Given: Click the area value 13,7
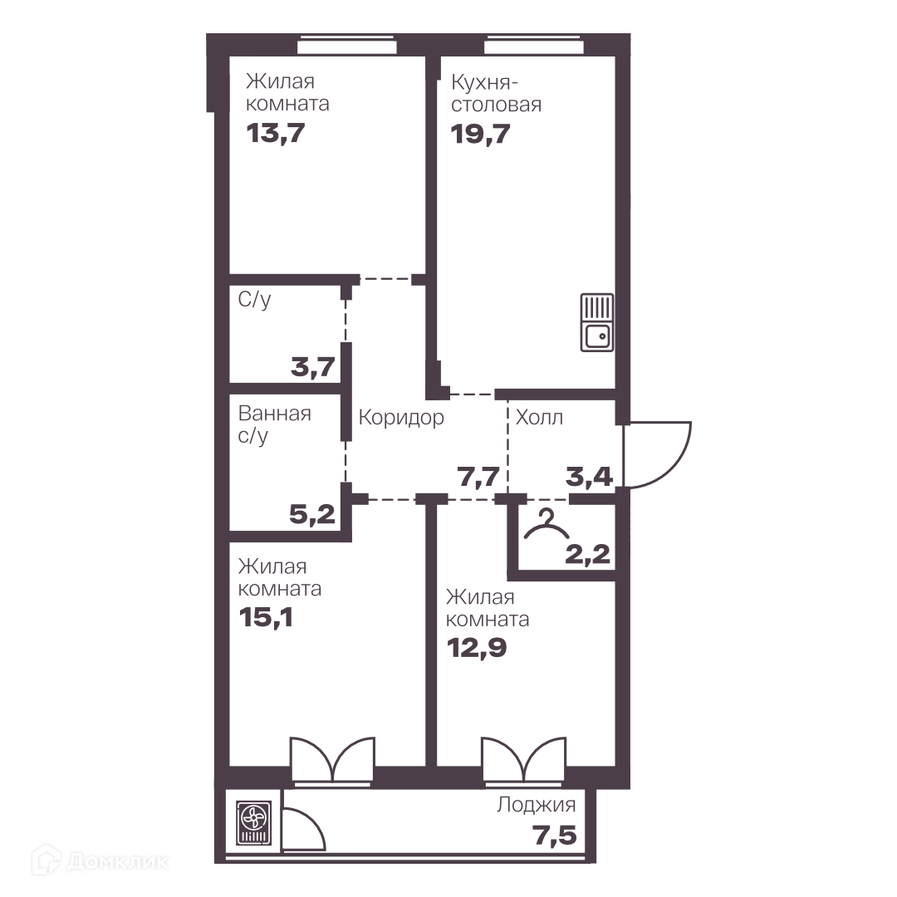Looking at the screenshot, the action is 276,133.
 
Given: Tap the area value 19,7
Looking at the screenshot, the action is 481,135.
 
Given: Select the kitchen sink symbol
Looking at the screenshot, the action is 597,322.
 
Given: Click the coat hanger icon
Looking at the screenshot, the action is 547,525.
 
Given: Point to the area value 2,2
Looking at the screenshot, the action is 587,554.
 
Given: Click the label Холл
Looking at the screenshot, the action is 540,418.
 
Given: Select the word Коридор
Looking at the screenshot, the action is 401,418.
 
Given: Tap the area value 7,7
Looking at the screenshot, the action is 478,476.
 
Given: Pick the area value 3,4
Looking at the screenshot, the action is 589,476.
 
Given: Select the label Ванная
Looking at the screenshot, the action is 275,414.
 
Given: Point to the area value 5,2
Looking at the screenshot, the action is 312,514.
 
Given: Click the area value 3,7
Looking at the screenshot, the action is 313,367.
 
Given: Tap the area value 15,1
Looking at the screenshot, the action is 266,617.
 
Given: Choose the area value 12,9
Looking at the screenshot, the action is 477,648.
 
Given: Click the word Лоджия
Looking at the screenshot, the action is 536,805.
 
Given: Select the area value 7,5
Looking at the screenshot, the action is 555,836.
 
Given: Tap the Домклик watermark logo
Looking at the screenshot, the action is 100,861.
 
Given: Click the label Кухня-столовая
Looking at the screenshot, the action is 496,94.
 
